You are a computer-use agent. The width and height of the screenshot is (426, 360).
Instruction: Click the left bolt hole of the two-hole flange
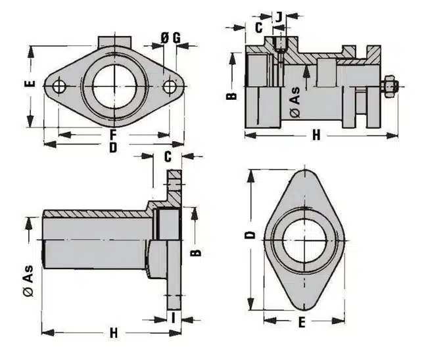pyautogui.click(x=60, y=87)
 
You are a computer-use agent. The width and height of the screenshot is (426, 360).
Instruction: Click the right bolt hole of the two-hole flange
pyautogui.click(x=170, y=87)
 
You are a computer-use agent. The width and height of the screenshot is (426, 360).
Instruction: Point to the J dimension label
pyautogui.click(x=279, y=15)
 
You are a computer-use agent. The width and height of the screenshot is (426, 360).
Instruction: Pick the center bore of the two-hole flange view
pyautogui.click(x=114, y=87)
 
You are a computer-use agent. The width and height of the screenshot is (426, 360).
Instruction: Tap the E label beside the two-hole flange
pyautogui.click(x=29, y=84)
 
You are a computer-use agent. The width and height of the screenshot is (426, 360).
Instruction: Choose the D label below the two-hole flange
pyautogui.click(x=112, y=148)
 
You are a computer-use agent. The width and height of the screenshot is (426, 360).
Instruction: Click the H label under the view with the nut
pyautogui.click(x=316, y=135)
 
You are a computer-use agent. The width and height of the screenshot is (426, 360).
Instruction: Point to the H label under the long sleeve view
pyautogui.click(x=113, y=332)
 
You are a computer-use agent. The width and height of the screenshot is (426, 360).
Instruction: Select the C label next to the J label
pyautogui.click(x=258, y=27)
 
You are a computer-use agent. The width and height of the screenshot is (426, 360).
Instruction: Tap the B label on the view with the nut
pyautogui.click(x=231, y=96)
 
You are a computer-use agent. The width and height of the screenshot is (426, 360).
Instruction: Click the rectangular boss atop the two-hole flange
pyautogui.click(x=115, y=40)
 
